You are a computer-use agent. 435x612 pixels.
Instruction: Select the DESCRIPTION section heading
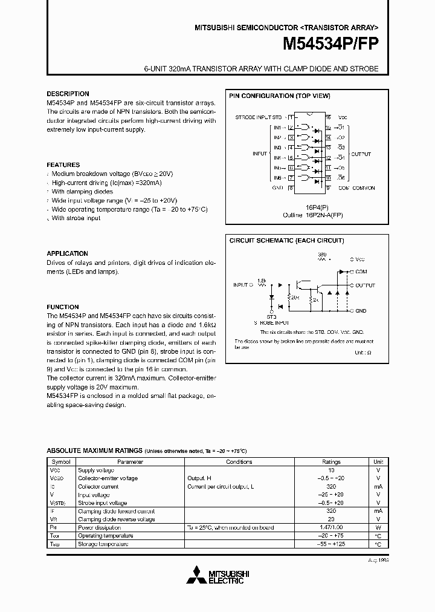(68, 94)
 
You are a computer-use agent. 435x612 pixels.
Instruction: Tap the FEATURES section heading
(63, 164)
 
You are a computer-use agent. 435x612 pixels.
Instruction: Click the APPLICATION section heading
(68, 253)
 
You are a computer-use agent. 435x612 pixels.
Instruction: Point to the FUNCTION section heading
(63, 307)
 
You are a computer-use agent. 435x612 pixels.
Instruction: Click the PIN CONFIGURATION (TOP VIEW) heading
(279, 96)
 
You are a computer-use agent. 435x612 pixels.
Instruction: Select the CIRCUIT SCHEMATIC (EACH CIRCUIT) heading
(286, 240)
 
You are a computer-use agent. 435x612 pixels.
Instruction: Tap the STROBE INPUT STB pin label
(259, 117)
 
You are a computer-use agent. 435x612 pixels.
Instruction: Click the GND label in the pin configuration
(277, 187)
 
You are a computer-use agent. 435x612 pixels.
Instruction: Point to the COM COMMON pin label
(357, 187)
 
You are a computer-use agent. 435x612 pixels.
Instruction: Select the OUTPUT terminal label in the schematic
(365, 285)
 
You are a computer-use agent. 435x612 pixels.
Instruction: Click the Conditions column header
(239, 461)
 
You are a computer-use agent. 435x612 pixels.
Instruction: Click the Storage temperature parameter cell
(103, 544)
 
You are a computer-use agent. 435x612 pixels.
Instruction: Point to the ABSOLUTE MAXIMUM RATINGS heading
(94, 451)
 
